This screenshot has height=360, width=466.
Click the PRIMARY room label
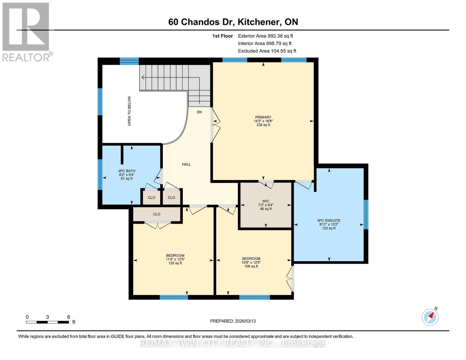263,121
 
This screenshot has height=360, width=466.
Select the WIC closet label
266,205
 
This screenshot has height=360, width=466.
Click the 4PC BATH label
127,175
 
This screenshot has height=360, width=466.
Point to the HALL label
186,164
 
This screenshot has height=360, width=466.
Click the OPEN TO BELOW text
130,111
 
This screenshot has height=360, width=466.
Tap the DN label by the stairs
199,112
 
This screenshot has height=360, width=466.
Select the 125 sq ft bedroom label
175,259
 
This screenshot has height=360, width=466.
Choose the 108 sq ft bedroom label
251,262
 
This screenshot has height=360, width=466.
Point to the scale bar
47,322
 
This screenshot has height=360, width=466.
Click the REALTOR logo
26,31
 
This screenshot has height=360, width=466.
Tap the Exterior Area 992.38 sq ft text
265,36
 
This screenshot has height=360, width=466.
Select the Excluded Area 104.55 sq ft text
267,51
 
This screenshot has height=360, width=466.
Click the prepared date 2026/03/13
233,321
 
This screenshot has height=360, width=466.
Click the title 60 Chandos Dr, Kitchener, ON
233,22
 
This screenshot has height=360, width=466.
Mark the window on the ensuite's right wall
366,214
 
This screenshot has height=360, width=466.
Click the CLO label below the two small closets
157,214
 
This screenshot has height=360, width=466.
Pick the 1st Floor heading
222,36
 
